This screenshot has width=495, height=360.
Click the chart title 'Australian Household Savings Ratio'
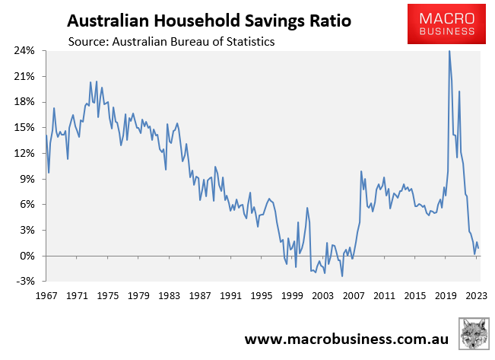pos(206,18)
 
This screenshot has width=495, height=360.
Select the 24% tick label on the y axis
pos(24,51)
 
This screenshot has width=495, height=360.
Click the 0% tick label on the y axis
pos(27,256)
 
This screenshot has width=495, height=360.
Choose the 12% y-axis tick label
pos(24,153)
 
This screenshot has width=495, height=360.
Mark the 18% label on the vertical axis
pos(24,102)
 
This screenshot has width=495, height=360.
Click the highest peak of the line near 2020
pos(449,51)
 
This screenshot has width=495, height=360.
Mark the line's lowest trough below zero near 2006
pos(342,276)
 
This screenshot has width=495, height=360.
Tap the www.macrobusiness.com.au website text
pos(346,338)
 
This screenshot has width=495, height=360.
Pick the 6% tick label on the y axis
pos(27,205)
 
